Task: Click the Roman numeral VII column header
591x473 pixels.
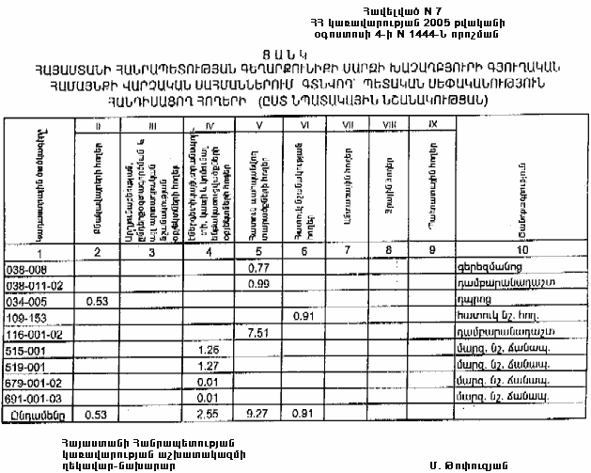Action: (347, 124)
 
